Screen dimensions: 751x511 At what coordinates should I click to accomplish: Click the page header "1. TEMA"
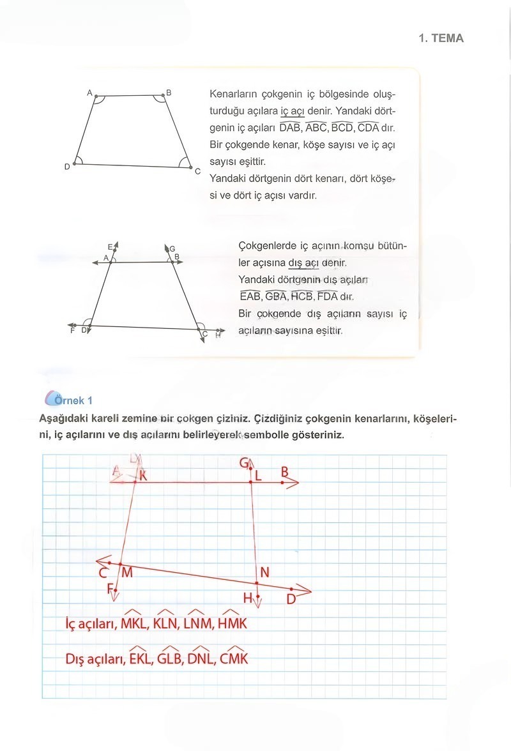click(x=441, y=38)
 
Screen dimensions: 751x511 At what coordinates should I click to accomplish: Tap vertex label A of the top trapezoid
click(x=90, y=93)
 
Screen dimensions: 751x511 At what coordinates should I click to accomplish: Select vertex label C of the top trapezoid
click(x=198, y=171)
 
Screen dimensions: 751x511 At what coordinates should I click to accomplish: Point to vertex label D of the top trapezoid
click(x=67, y=167)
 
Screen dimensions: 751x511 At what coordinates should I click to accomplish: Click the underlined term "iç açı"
click(x=293, y=110)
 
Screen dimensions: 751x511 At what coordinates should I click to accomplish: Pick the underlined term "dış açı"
click(x=303, y=262)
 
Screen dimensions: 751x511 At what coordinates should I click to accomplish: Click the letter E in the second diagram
click(x=110, y=247)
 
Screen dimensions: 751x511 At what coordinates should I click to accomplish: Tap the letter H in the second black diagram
click(x=218, y=335)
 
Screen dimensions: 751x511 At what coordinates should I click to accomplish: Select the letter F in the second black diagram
click(x=72, y=331)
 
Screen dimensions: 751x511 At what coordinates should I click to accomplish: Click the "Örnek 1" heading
click(x=75, y=400)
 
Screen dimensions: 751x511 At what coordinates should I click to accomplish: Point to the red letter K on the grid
click(x=142, y=475)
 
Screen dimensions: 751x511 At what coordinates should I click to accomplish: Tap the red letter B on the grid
click(x=285, y=472)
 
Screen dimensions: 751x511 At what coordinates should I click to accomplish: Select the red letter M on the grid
click(x=126, y=572)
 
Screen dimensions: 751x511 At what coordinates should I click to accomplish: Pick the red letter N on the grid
click(x=264, y=572)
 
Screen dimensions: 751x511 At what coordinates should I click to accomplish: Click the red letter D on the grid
click(x=291, y=599)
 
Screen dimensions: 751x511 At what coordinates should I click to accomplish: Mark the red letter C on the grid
click(x=103, y=573)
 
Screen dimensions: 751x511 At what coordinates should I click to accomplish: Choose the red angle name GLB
click(x=170, y=658)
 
